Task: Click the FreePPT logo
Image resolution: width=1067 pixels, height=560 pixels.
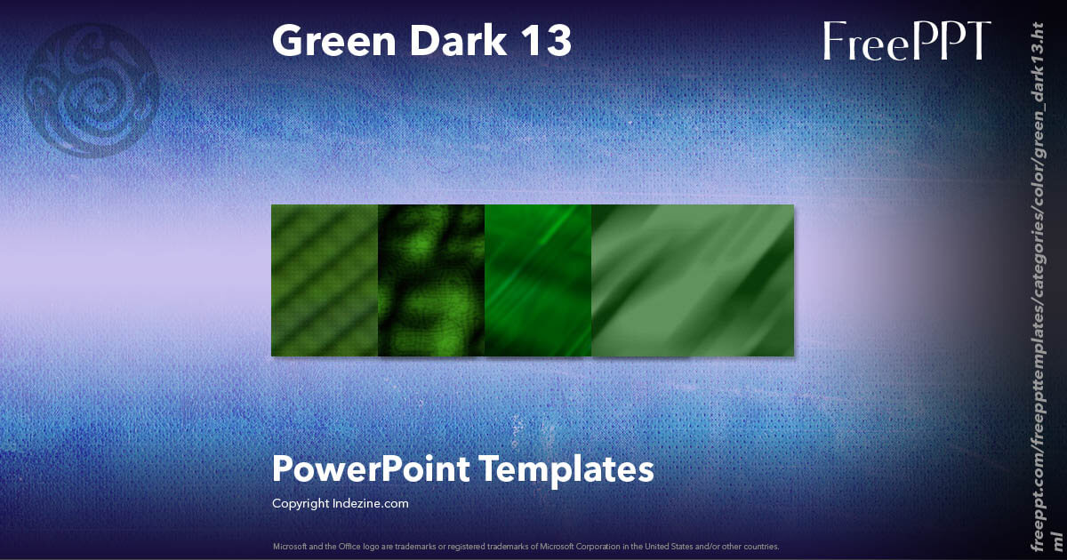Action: click(x=907, y=42)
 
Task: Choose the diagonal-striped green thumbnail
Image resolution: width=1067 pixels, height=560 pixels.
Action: click(x=325, y=280)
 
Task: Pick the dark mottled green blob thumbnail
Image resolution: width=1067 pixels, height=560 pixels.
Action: click(x=431, y=280)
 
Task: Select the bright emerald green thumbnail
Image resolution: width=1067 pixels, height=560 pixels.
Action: click(x=538, y=280)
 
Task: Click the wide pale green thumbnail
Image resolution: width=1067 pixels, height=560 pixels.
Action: click(x=693, y=280)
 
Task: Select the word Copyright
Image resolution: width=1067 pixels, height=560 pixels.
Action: click(x=301, y=503)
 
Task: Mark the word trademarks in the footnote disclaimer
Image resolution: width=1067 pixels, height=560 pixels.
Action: click(x=402, y=546)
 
